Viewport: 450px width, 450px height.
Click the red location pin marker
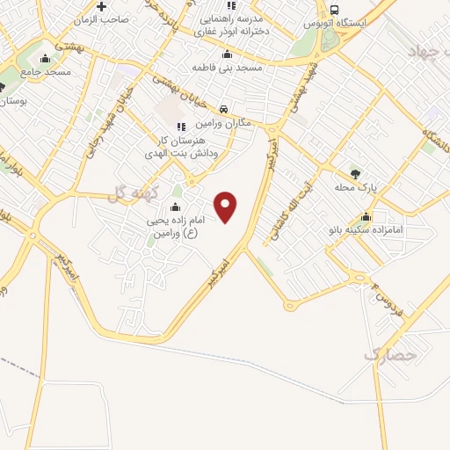point(227,206)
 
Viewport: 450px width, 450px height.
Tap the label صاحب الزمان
point(103,18)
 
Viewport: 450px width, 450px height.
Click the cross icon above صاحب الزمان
point(103,6)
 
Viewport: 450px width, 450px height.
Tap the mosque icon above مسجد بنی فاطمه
point(228,54)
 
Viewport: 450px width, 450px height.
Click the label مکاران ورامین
point(223,122)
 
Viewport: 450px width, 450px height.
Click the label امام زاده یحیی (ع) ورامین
point(173,228)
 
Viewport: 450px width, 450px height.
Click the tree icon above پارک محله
point(355,173)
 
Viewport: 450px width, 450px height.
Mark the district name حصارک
point(388,355)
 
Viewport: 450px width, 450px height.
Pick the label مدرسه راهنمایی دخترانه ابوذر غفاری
point(232,22)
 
